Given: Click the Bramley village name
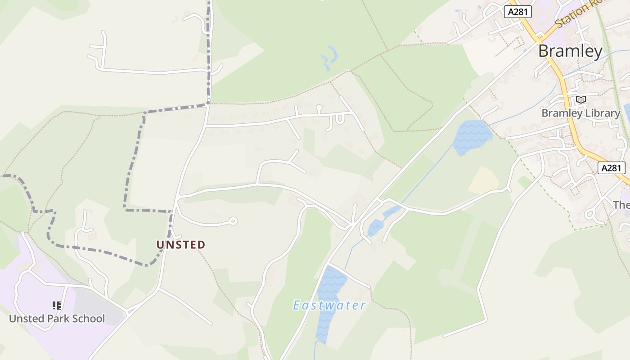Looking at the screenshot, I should (570, 51).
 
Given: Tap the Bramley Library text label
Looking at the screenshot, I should (580, 113).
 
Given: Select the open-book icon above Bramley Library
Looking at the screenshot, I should (581, 99).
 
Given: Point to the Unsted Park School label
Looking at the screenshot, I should (57, 319).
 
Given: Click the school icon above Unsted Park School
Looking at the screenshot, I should (57, 306).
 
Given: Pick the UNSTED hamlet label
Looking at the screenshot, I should (181, 245).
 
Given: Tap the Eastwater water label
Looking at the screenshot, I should (329, 306).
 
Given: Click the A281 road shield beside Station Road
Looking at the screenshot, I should (517, 12).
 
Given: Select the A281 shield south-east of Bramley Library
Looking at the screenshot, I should (612, 168).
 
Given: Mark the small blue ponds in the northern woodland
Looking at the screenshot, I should (330, 58).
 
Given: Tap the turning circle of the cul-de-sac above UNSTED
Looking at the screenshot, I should (233, 221).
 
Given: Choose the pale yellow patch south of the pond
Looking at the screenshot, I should (483, 180).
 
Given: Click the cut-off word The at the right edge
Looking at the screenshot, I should (621, 205).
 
